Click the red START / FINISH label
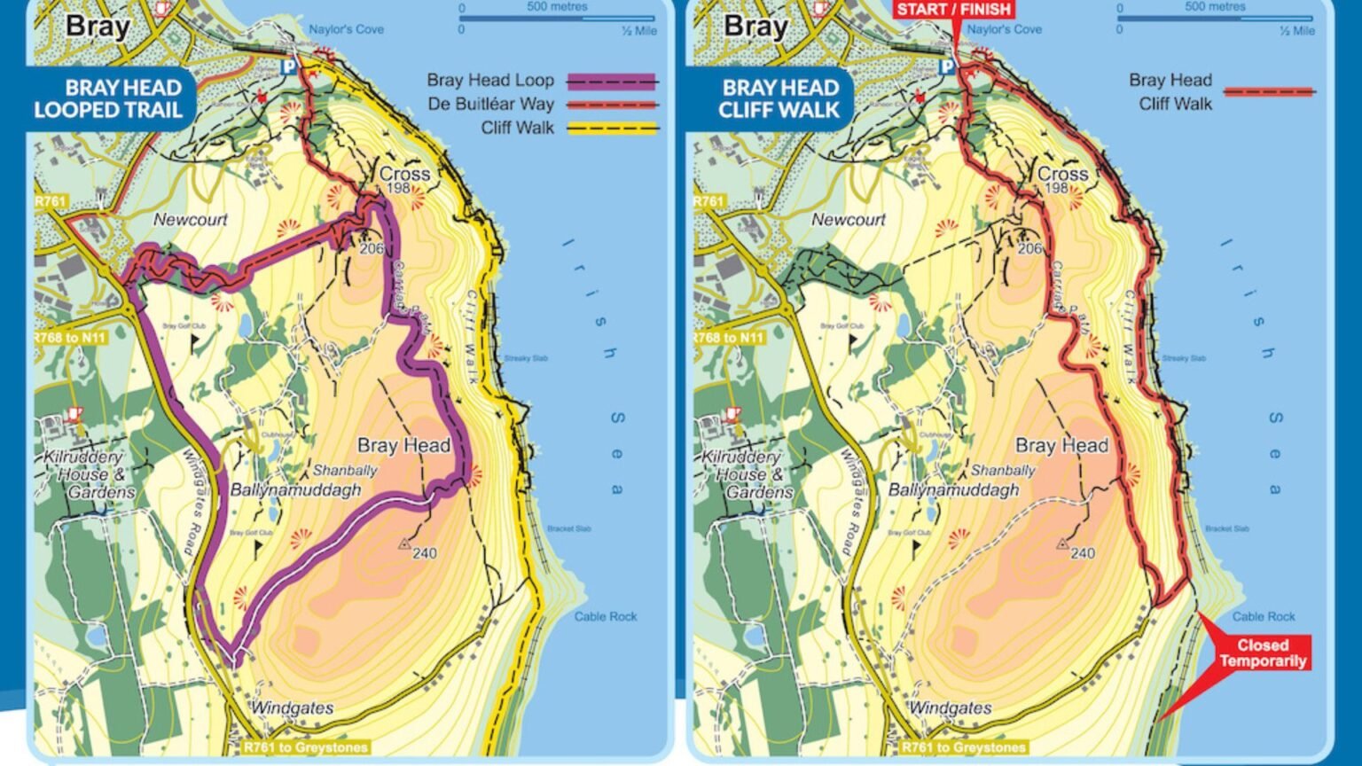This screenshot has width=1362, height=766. [953, 10]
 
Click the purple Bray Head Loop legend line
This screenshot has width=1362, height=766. [612, 82]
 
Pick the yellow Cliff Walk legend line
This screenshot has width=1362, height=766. [612, 129]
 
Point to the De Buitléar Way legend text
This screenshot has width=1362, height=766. [490, 105]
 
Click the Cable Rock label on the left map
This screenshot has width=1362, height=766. [605, 616]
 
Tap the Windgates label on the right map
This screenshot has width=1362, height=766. [950, 708]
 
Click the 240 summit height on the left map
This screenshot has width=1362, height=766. [424, 553]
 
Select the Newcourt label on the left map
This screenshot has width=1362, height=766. [191, 219]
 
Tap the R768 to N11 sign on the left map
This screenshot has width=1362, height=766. [69, 339]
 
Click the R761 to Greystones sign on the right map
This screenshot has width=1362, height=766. [962, 747]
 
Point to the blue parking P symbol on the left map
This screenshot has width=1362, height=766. [287, 66]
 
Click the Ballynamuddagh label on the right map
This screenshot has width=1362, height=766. [953, 490]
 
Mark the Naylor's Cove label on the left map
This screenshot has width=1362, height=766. [346, 29]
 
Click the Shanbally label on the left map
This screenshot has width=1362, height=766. [345, 471]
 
